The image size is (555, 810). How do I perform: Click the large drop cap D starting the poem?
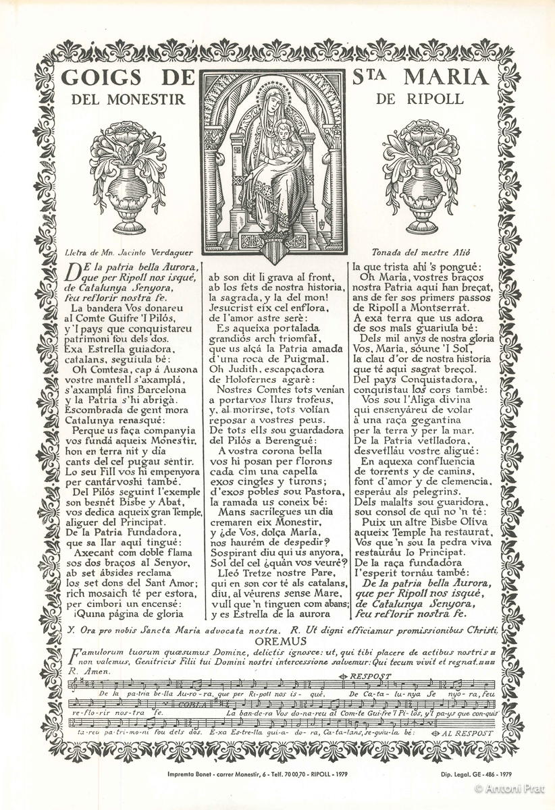tap(76, 271)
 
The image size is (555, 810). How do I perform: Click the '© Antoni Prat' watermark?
tap(512, 788)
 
